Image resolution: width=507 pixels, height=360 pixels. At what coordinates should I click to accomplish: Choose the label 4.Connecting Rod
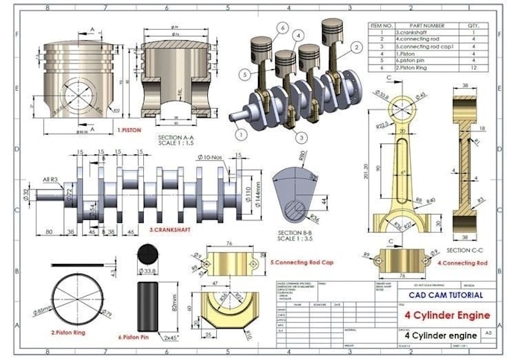tap(462, 263)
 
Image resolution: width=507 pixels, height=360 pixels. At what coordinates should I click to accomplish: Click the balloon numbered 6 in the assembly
tap(283, 28)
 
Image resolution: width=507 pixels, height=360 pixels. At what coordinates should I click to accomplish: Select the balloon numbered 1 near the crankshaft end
tap(240, 134)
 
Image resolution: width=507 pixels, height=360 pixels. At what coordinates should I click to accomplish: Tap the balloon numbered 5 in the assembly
tap(245, 74)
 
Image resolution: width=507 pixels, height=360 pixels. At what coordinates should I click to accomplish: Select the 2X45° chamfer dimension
tap(173, 338)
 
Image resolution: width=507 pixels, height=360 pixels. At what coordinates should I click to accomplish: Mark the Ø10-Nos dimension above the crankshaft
tap(212, 157)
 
